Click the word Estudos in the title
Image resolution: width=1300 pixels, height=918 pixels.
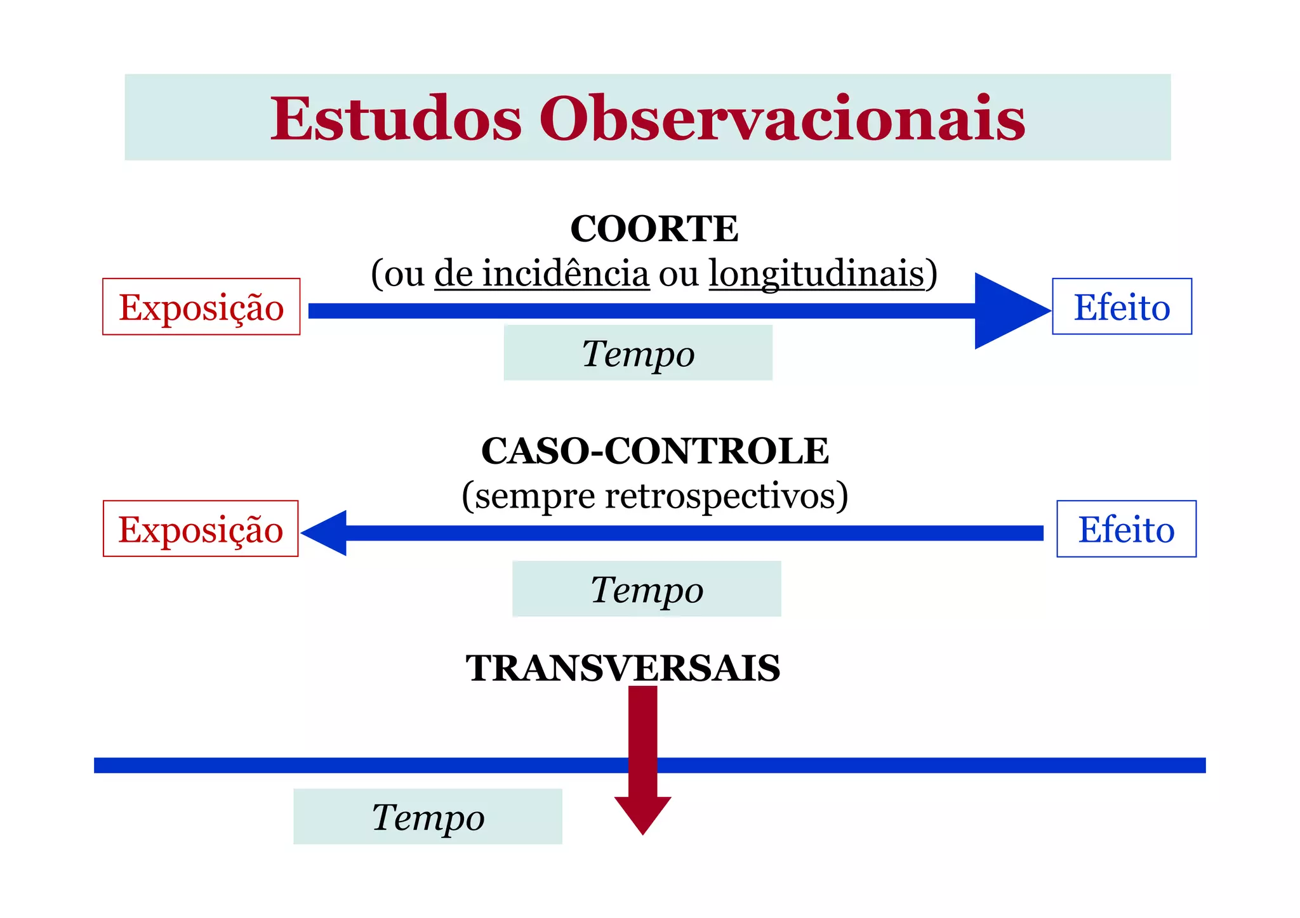click(x=395, y=119)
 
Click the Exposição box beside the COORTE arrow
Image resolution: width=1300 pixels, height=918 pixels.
click(x=201, y=306)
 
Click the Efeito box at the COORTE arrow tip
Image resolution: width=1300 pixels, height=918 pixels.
click(x=1122, y=306)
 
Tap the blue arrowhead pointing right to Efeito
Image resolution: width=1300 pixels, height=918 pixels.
click(x=1006, y=311)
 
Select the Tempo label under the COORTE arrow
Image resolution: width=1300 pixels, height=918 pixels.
click(x=638, y=353)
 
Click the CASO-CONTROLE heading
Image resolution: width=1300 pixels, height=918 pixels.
click(x=654, y=451)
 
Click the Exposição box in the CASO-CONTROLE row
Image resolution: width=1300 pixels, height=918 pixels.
click(x=201, y=528)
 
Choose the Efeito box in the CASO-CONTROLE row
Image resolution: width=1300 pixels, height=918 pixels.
click(x=1126, y=528)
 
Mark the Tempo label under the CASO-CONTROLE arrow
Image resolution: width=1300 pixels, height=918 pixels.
click(x=647, y=589)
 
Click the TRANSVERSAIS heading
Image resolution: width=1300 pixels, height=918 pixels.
click(x=623, y=668)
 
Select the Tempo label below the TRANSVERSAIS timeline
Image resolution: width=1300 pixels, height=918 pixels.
click(x=428, y=816)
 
